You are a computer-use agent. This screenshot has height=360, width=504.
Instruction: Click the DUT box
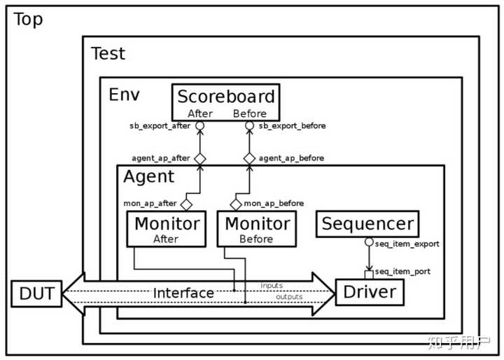36,293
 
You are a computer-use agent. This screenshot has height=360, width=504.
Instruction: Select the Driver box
370,292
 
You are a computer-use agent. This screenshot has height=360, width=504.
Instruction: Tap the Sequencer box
367,225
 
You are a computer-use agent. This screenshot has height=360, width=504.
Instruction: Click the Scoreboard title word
225,97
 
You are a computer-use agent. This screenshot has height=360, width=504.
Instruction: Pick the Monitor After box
167,229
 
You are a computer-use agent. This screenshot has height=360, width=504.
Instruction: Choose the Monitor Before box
256,229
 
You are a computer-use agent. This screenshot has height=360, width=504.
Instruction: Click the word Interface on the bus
183,293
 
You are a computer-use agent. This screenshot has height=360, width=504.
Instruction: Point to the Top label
28,20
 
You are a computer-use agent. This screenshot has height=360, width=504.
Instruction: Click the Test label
108,53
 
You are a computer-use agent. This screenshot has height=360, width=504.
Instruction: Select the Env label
124,94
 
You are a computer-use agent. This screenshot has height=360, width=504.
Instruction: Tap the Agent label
148,177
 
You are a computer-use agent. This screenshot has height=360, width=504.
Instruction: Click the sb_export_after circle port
199,126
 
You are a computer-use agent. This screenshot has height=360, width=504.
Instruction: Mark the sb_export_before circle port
249,126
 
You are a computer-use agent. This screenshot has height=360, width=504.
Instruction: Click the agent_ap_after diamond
199,158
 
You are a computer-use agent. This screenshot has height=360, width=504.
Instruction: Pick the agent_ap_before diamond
249,158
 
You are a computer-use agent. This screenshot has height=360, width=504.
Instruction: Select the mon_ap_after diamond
186,204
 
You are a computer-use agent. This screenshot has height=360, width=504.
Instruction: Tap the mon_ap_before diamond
236,204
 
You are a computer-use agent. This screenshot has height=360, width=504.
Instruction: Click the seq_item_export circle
369,242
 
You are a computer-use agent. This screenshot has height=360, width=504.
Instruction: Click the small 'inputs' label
272,286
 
